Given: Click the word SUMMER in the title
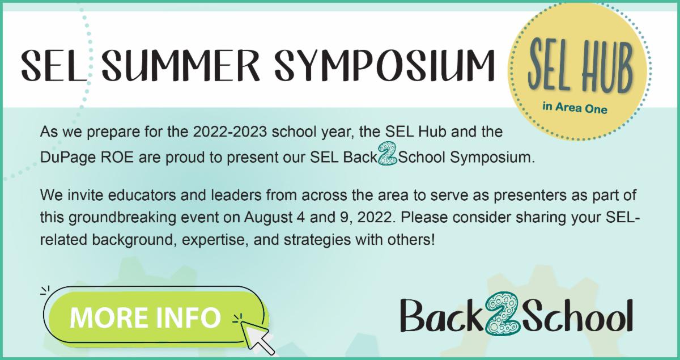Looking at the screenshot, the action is (x=180, y=66).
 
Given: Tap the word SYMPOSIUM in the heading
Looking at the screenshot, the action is (x=385, y=66).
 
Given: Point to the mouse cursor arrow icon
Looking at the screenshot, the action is (x=257, y=337).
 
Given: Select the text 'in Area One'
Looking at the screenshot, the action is (x=575, y=108).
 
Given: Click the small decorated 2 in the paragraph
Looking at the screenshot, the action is (x=388, y=154).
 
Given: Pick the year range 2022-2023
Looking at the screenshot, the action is (x=230, y=132).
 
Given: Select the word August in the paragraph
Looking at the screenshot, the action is (x=270, y=218).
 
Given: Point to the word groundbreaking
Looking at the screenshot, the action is (x=122, y=218).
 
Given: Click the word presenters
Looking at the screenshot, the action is (x=530, y=196).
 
